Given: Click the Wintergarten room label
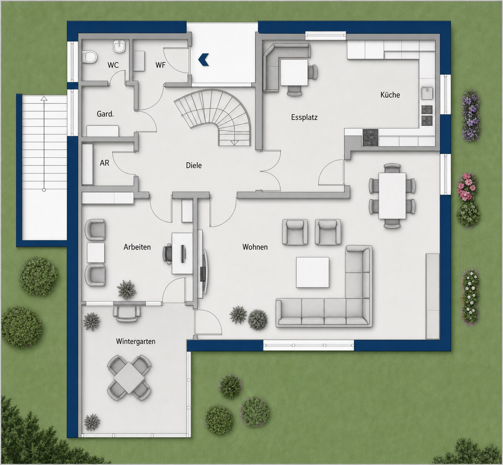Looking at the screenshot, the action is click(135, 341).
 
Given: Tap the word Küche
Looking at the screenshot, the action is click(390, 95).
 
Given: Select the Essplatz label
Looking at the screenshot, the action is click(304, 117).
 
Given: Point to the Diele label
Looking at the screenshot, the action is click(194, 165).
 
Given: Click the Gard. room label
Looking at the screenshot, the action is click(105, 114).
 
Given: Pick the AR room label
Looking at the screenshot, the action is click(105, 163).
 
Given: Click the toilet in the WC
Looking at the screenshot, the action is click(89, 56).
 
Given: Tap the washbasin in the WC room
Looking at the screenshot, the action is click(119, 47).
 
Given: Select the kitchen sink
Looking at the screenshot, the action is click(427, 93).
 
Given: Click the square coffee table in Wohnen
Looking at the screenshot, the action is click(313, 272).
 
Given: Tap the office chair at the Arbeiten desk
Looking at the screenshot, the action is click(167, 253).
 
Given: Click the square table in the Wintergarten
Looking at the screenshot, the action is click(129, 377).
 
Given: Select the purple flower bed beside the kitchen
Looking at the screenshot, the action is click(471, 115).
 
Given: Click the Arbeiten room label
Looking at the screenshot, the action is click(137, 247).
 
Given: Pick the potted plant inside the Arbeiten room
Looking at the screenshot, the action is click(127, 290).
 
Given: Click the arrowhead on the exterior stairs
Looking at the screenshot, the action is click(44, 98).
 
